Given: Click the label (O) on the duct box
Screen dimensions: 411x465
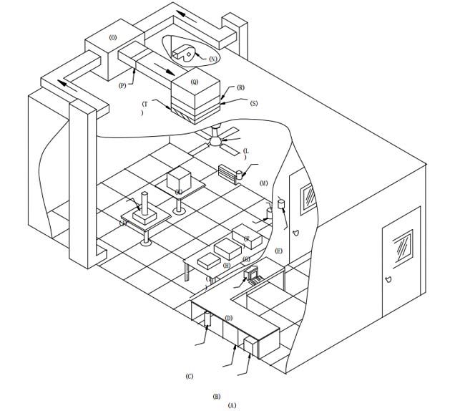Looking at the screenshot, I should pos(112,37).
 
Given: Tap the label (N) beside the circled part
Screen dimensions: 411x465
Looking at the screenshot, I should pos(213,58).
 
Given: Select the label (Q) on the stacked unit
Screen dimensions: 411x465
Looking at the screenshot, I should pos(195,82).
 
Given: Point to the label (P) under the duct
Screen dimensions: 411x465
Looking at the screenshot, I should pos(122,84).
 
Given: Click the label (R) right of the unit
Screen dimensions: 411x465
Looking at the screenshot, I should pos(240,87).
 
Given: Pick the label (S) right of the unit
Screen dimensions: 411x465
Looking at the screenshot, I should pos(253,103).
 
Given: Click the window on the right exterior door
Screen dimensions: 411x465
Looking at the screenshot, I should pos(401,246).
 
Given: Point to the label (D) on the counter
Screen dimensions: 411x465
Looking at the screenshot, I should pos(228,318).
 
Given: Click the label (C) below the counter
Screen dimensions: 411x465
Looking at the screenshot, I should pos(189,376).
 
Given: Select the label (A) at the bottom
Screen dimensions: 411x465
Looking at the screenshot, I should pos(231,405).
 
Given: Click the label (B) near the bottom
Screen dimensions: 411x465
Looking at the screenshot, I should pos(216,395).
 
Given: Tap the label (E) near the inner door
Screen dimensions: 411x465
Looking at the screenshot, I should pos(278,251).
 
